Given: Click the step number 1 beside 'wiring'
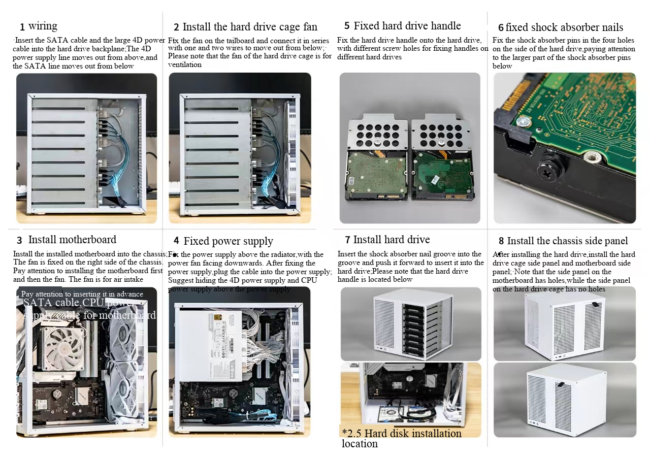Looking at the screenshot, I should pos(22,27).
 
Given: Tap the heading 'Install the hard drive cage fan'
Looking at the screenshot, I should pos(250,27).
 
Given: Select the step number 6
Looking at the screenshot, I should pos(501,28).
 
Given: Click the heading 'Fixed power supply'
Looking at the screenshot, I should pos(228,241).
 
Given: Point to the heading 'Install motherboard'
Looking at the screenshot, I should pos(72,240).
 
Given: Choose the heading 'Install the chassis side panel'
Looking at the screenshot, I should pos(567,241).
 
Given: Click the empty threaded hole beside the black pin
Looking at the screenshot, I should pos(592,156).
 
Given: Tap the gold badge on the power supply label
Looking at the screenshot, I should pos(219,317).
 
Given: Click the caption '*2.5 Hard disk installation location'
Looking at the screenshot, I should pos(401,438).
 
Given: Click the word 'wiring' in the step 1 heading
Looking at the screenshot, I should pos(43,26).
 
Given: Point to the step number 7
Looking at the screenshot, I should pos(347,240).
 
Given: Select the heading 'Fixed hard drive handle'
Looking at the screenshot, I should pos(407,26).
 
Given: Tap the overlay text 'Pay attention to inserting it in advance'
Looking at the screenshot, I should pos(82,294).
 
